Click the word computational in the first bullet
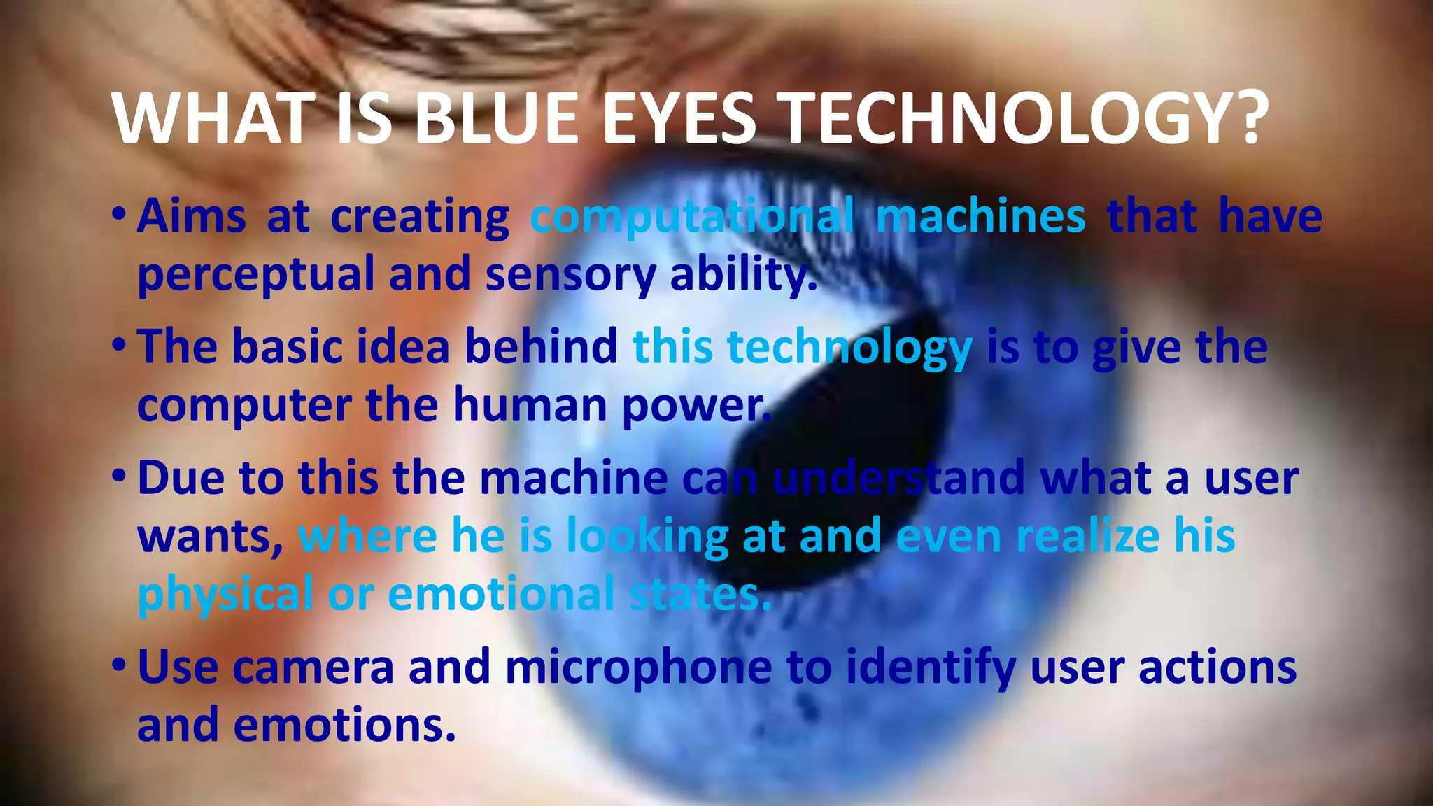[x=692, y=217]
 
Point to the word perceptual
[x=255, y=275]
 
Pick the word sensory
[x=570, y=275]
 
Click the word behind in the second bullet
[x=541, y=346]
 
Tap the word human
[x=530, y=405]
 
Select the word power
[x=696, y=406]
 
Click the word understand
[x=898, y=479]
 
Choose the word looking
[x=647, y=537]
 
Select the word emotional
[x=501, y=595]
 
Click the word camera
[x=313, y=667]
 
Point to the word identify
[x=931, y=667]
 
